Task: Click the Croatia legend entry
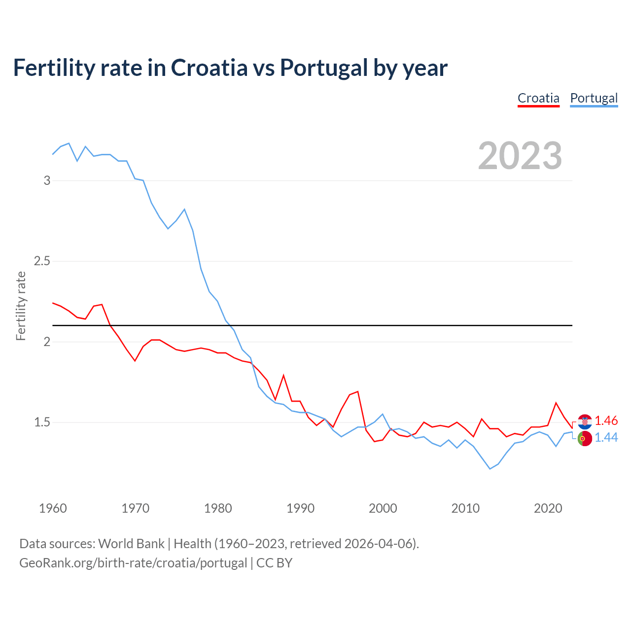[538, 98]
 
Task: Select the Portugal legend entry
[594, 98]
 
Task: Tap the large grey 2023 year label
[520, 156]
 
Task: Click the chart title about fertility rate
[230, 68]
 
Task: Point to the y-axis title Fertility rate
[21, 306]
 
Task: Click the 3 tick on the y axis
[47, 180]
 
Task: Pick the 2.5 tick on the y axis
[42, 261]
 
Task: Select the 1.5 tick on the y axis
[42, 422]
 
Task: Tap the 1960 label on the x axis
[53, 508]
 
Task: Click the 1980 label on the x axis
[218, 508]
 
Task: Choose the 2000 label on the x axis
[383, 508]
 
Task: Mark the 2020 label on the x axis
[548, 508]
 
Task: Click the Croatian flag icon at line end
[585, 421]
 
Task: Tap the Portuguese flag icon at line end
[585, 438]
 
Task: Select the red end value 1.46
[606, 421]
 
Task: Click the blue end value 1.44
[606, 438]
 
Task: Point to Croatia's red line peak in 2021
[556, 403]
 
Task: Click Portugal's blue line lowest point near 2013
[490, 469]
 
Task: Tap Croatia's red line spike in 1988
[283, 376]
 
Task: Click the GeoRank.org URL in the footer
[133, 563]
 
